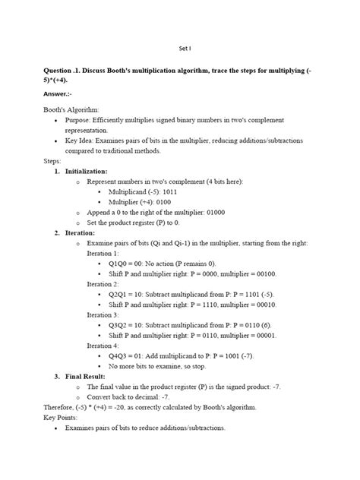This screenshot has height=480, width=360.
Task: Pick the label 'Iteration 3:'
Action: pos(103,314)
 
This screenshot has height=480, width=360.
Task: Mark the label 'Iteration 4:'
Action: pos(103,344)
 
